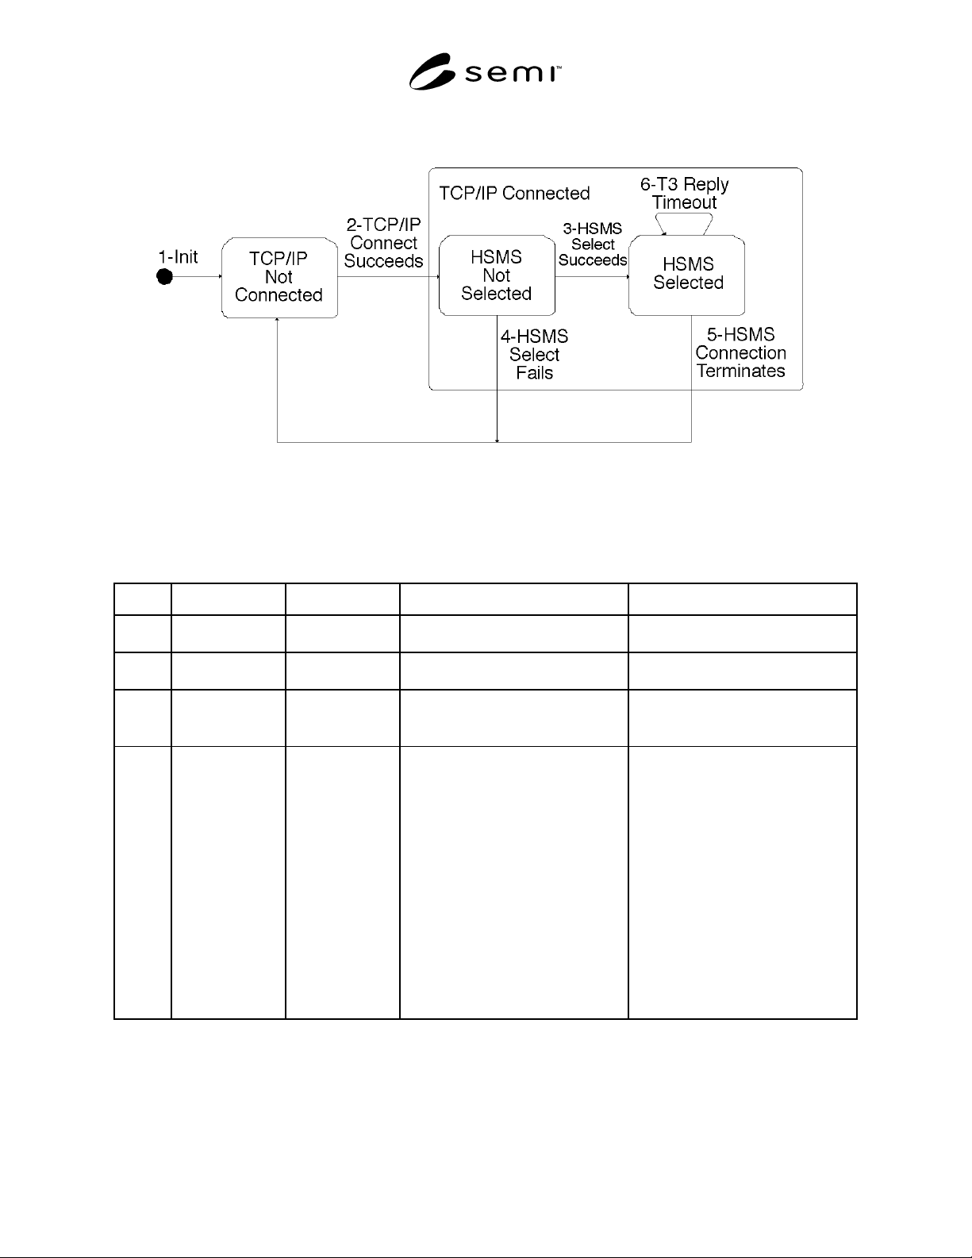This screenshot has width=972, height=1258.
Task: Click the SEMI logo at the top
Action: [x=485, y=71]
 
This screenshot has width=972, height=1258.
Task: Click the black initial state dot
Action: [x=165, y=277]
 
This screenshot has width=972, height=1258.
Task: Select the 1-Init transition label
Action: [x=179, y=256]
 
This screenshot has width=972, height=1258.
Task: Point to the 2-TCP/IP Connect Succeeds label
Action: [x=383, y=243]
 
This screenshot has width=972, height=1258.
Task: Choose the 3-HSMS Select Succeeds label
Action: [x=593, y=244]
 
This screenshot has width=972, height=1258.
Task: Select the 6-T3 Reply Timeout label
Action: [x=685, y=194]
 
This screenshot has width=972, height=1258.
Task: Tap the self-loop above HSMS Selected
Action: [x=684, y=214]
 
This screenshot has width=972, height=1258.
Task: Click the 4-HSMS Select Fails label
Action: [x=535, y=354]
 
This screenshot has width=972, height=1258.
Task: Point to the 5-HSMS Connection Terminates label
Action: [x=740, y=352]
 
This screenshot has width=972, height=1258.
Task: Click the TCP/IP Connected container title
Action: [x=514, y=194]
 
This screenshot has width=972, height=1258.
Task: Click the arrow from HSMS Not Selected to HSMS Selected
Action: [x=592, y=277]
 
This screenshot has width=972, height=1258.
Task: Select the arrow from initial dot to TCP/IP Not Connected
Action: [x=198, y=277]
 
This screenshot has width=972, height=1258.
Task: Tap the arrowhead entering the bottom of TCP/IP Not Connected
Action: [x=277, y=320]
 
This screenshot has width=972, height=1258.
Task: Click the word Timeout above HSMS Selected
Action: [x=685, y=202]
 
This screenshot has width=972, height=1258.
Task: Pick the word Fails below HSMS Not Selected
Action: [x=535, y=373]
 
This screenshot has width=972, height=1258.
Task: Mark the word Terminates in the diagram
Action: [x=740, y=371]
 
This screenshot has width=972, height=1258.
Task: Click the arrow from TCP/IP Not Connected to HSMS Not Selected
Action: [x=388, y=277]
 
